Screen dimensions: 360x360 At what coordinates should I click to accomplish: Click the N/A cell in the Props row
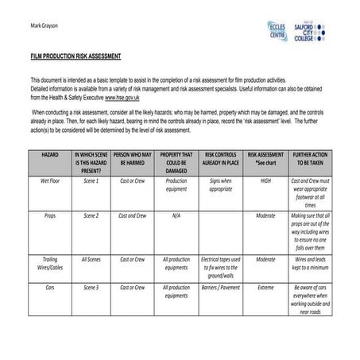pos(176,215)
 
